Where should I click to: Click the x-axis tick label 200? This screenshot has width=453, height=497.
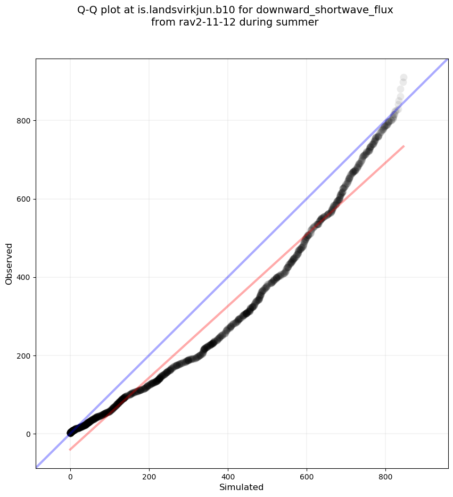(x=149, y=478)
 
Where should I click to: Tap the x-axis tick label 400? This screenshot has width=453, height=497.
(x=228, y=478)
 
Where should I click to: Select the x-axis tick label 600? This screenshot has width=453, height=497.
(x=307, y=478)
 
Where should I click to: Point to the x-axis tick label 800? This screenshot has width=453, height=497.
(x=385, y=478)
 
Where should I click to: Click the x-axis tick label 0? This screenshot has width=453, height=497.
(x=70, y=478)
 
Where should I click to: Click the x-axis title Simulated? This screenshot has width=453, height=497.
(x=242, y=487)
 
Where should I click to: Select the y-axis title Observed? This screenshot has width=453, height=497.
(x=9, y=263)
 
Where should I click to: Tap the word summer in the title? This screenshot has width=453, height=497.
(x=299, y=22)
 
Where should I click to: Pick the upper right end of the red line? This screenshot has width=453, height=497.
(x=404, y=146)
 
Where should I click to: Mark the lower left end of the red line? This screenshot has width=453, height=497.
(x=70, y=450)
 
